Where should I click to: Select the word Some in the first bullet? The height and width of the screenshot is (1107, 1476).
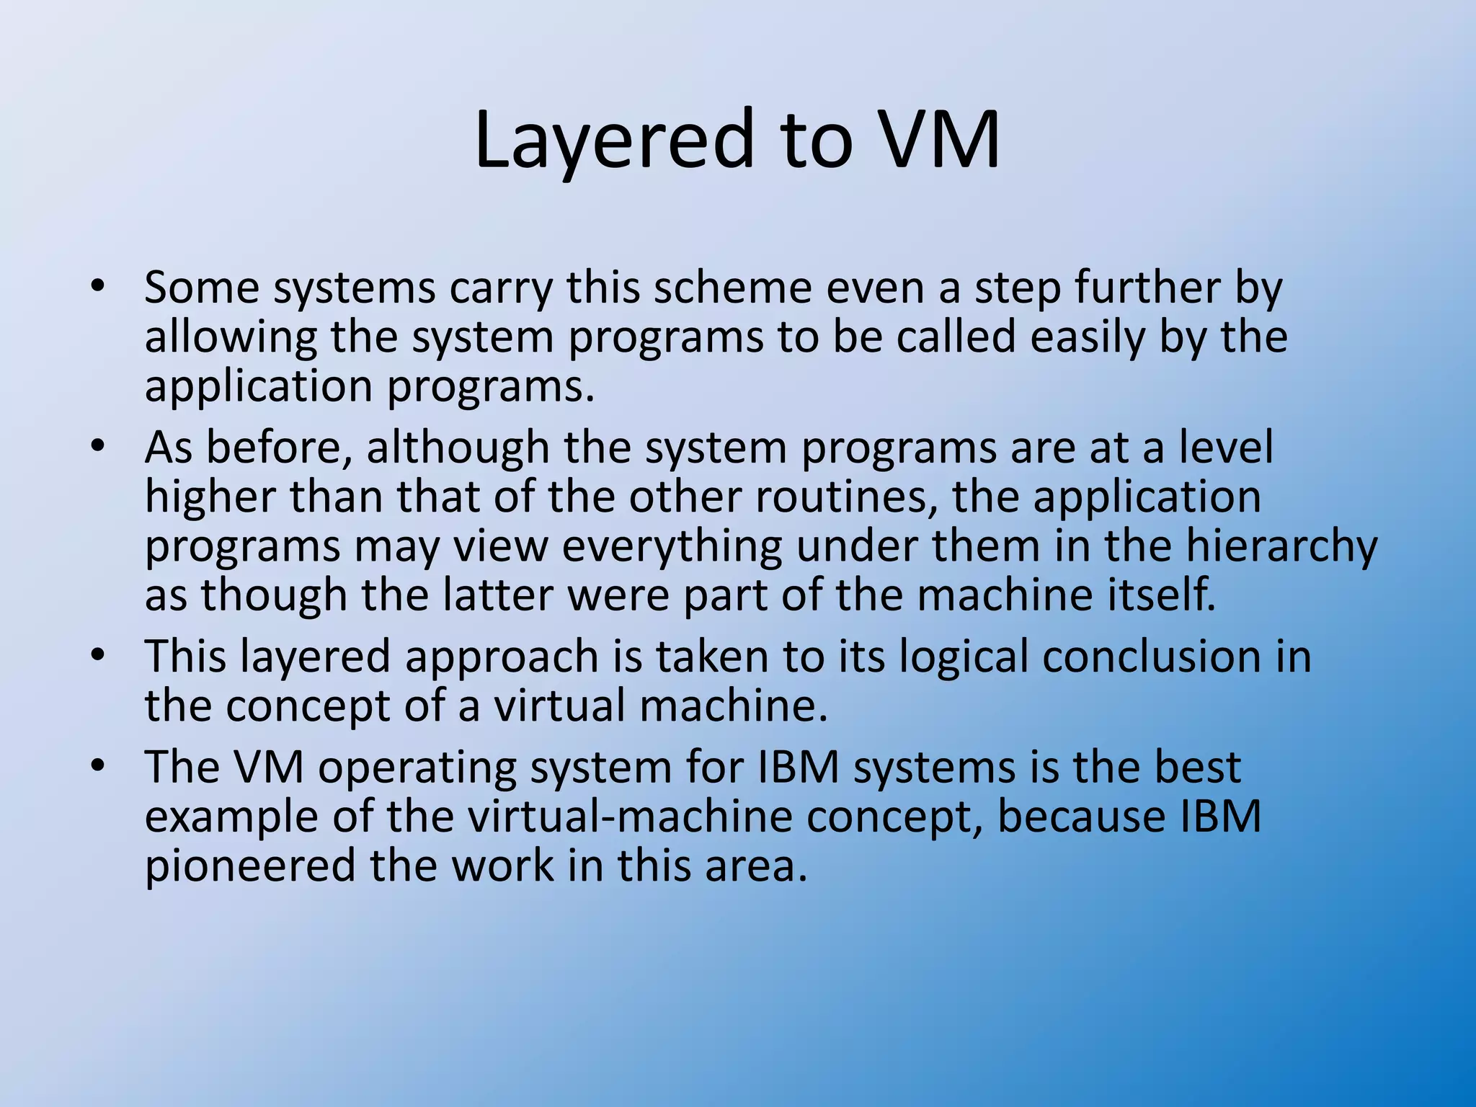[201, 288]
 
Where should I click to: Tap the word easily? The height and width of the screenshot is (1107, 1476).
[1087, 337]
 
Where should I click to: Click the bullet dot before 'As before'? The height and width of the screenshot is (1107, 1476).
[98, 446]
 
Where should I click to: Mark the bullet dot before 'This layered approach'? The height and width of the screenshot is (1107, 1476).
[98, 656]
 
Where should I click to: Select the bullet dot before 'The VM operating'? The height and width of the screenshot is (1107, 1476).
[98, 765]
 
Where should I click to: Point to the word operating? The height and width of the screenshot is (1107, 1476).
[417, 768]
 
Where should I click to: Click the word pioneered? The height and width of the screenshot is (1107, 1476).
[250, 866]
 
